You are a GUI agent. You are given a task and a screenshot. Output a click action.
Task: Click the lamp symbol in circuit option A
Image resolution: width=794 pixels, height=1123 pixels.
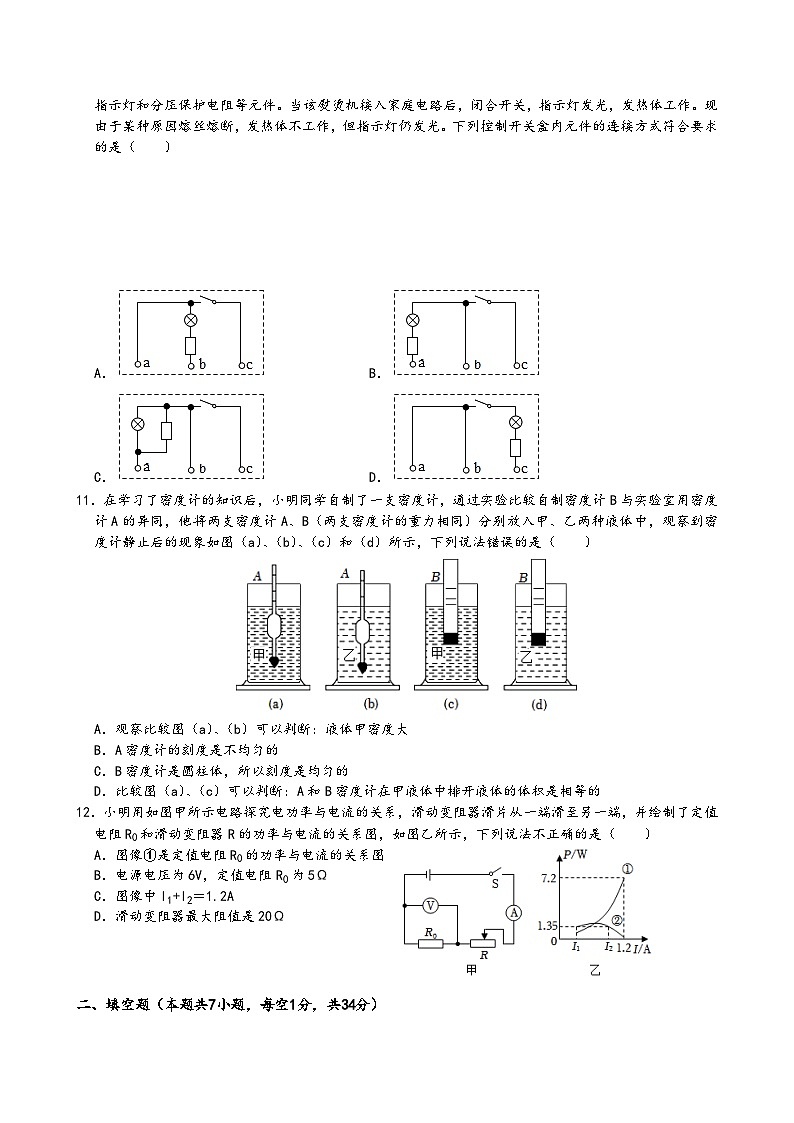click(x=190, y=320)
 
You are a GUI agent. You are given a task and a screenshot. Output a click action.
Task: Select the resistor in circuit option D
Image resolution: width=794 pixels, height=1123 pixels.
click(x=516, y=446)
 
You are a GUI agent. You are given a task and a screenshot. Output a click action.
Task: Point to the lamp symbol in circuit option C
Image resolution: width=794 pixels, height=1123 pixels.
click(x=138, y=424)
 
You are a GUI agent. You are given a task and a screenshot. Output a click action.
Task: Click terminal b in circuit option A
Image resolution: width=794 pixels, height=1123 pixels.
click(x=190, y=364)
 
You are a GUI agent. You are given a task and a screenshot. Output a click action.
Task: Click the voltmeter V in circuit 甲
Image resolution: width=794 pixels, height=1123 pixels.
click(x=429, y=905)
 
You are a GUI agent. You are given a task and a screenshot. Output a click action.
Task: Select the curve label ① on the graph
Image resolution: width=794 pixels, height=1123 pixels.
click(x=627, y=868)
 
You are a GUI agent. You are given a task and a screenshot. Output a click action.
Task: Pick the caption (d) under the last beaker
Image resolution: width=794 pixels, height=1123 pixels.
click(x=540, y=704)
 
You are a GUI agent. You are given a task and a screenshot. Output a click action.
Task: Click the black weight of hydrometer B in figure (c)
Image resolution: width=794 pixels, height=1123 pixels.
click(x=450, y=639)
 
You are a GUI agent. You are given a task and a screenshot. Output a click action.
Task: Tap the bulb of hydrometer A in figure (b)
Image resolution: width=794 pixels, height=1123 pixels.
click(x=362, y=634)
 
